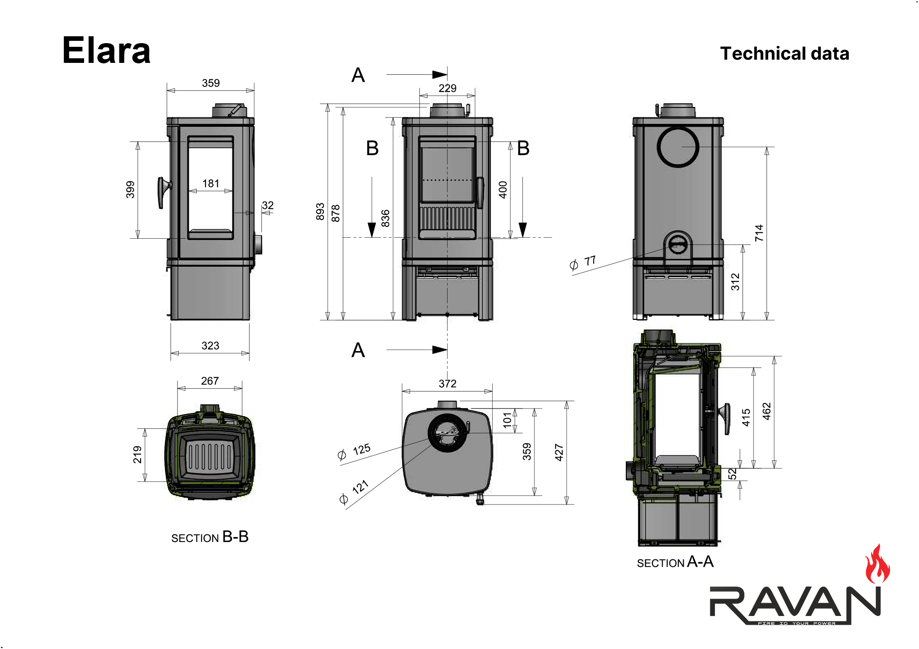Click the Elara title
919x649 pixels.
(x=106, y=50)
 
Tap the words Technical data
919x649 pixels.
(x=784, y=54)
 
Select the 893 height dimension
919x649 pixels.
(x=320, y=212)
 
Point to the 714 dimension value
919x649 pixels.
(x=759, y=233)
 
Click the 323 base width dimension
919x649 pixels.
(x=210, y=346)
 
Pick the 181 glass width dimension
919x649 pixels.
(x=211, y=184)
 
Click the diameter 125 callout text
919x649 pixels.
(x=355, y=452)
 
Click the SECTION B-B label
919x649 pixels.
(x=210, y=537)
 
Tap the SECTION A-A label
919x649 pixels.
(x=675, y=562)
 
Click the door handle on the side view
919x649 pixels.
(x=163, y=192)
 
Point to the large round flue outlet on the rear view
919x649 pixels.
(x=678, y=147)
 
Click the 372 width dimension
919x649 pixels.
(x=448, y=384)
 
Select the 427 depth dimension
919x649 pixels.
(x=559, y=452)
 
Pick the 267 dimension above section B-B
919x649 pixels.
(x=210, y=381)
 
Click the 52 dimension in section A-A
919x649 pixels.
(x=732, y=474)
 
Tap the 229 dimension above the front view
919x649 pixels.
(x=448, y=88)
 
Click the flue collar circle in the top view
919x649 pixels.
(x=447, y=433)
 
